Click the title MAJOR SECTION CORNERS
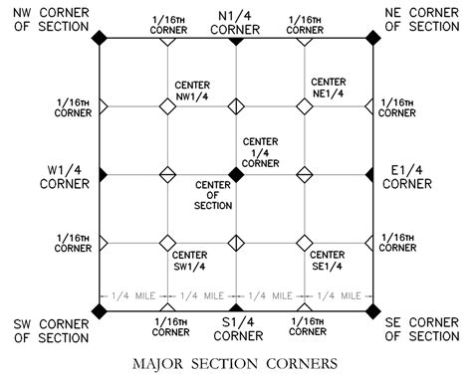tap(237, 360)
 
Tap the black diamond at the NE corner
tap(372, 37)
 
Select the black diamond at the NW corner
tap(99, 37)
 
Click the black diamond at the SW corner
tap(99, 311)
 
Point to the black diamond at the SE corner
tap(372, 311)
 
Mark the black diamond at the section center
tap(236, 174)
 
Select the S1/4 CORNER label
tap(237, 327)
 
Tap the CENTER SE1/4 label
tap(328, 262)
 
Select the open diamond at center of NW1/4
tap(167, 105)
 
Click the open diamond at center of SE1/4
tap(305, 243)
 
